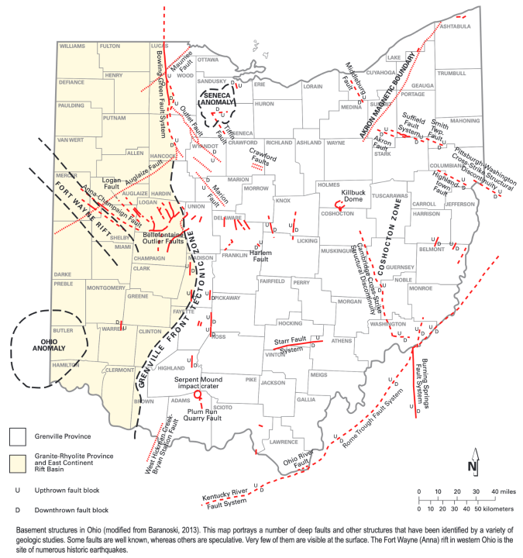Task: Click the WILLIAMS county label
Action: [72, 46]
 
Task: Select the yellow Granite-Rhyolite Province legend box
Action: [19, 463]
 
